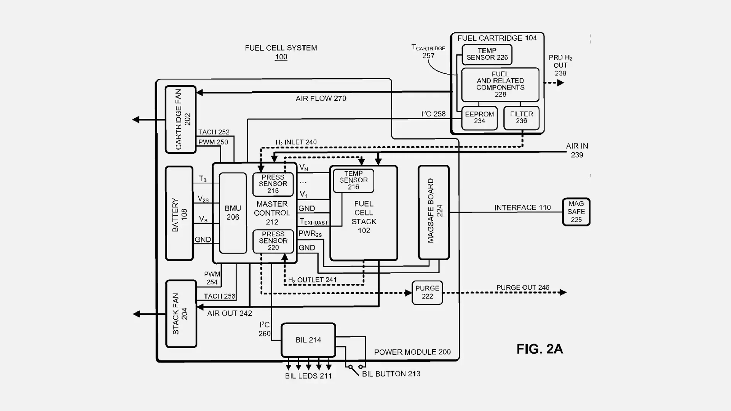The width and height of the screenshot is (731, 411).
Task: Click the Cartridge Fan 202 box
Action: [x=180, y=119]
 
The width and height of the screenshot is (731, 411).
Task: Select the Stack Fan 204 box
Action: [x=181, y=314]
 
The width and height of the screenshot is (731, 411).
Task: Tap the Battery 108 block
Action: [x=179, y=213]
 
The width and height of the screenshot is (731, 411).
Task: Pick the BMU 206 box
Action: [x=233, y=213]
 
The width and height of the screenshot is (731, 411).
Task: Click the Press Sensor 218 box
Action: [x=273, y=184]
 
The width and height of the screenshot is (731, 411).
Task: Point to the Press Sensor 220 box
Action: [x=273, y=241]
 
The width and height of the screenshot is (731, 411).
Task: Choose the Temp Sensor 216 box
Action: [x=353, y=180]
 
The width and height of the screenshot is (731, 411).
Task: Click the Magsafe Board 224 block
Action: [x=434, y=212]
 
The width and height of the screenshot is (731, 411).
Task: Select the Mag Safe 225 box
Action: [x=576, y=212]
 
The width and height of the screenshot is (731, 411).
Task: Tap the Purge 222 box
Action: [x=427, y=292]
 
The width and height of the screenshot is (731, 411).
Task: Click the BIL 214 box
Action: [x=308, y=340]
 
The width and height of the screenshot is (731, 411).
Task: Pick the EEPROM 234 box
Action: [x=479, y=118]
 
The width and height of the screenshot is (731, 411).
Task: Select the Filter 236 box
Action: [x=521, y=118]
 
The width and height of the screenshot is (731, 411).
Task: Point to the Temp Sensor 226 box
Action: [x=487, y=54]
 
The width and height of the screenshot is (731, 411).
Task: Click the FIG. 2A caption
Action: [x=539, y=349]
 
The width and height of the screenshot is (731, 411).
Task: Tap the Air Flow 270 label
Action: [x=321, y=99]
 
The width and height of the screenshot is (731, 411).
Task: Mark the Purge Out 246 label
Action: [x=523, y=288]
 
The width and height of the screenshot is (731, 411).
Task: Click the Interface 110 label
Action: [x=522, y=208]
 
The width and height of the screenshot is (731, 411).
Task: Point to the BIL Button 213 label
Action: [x=391, y=374]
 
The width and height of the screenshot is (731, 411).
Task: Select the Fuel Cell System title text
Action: [x=281, y=48]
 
